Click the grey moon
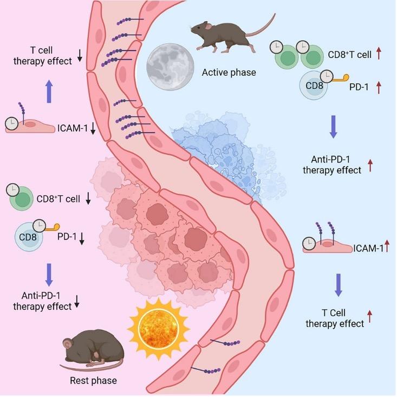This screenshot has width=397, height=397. (170, 67)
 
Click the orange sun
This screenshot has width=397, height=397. (159, 329)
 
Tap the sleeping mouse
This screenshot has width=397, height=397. (93, 350)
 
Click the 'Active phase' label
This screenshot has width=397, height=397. (229, 73)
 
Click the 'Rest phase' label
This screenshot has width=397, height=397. (93, 381)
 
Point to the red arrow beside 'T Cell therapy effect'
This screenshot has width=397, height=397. (370, 316)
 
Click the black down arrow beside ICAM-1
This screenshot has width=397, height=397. (93, 128)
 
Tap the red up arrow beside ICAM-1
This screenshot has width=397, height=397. (387, 246)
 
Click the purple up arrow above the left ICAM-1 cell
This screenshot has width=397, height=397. (49, 92)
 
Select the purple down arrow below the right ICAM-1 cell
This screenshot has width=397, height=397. (339, 285)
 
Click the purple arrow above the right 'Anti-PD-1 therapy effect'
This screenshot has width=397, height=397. (334, 127)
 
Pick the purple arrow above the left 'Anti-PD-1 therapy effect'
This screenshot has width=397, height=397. (49, 275)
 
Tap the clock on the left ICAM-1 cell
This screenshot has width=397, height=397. (12, 124)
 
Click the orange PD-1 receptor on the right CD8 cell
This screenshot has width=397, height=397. (341, 78)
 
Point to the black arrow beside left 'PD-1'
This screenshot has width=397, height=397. (82, 239)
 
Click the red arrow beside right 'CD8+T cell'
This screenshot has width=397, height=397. (379, 54)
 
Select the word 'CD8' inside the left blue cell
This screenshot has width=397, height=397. (28, 237)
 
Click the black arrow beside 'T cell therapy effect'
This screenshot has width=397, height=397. (80, 56)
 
